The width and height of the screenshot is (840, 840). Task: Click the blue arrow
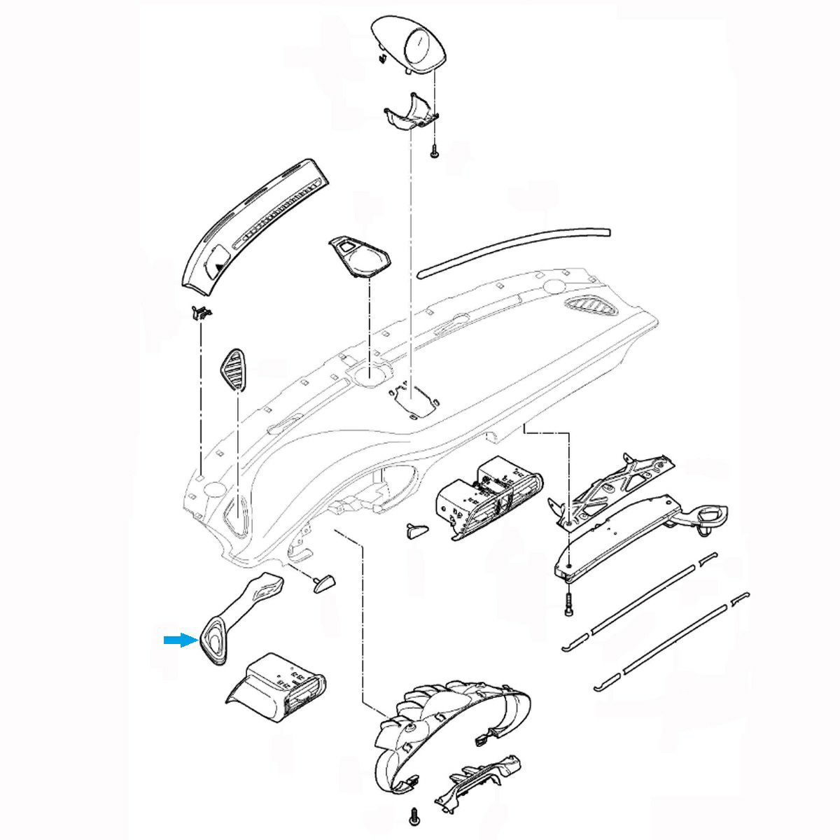[179, 639]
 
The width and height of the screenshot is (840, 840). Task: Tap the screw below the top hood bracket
[434, 150]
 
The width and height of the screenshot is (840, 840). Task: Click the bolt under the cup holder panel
[568, 604]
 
